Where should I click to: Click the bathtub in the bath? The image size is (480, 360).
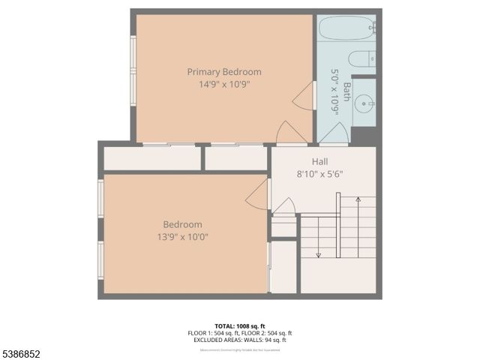[346, 29]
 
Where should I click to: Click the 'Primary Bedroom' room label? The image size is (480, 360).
[224, 72]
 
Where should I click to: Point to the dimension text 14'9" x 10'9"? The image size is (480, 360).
[224, 85]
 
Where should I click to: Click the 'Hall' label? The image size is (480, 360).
[319, 161]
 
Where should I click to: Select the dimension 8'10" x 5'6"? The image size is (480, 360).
[319, 174]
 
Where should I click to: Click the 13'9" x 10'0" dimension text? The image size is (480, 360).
[183, 237]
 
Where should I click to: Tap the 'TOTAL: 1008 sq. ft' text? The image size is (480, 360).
[239, 326]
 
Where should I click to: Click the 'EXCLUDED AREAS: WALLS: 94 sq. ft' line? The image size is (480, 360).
[239, 340]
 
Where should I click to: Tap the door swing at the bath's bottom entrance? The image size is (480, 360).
[333, 133]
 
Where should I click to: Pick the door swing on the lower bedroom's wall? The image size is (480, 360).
[258, 194]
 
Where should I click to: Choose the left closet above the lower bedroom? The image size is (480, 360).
[151, 158]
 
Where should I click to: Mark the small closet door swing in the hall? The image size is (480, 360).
[283, 205]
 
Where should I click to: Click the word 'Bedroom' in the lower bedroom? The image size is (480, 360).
[183, 224]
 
